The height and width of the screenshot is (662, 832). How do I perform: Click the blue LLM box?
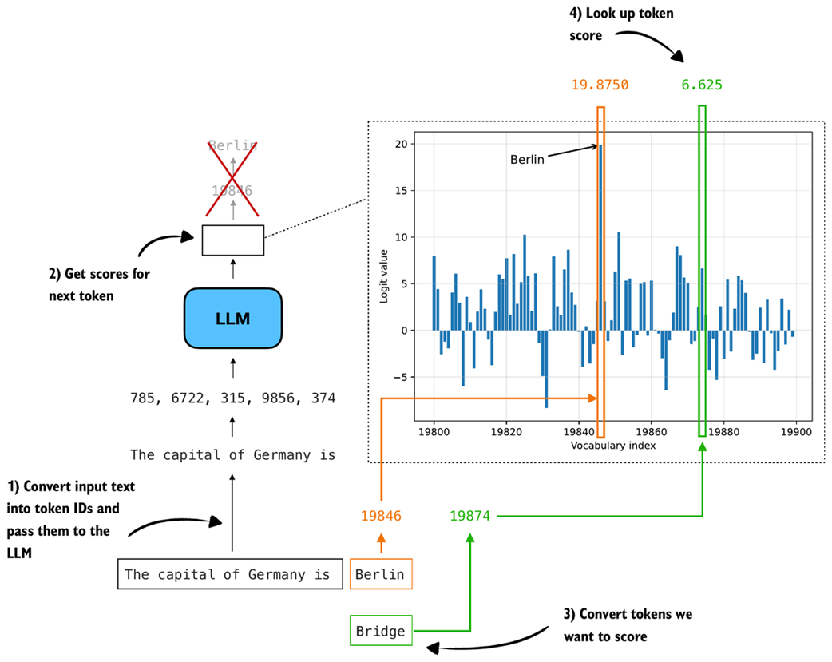click(x=232, y=318)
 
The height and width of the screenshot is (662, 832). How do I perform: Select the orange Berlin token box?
click(x=380, y=574)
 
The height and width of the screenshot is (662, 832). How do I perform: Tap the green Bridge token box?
click(x=380, y=631)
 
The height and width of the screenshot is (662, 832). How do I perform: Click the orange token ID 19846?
click(x=380, y=517)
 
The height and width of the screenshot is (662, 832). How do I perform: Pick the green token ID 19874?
click(x=469, y=517)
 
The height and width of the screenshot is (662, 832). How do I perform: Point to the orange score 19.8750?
click(x=600, y=85)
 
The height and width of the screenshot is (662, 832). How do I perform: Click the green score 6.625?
click(x=702, y=85)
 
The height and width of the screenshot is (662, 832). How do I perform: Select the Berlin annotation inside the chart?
click(x=527, y=160)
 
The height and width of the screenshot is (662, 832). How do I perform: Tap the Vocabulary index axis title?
click(x=613, y=446)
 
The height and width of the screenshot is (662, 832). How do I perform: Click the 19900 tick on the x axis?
click(x=797, y=431)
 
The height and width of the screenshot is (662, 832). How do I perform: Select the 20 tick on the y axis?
click(x=402, y=145)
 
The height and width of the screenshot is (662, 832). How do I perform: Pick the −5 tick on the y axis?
click(x=402, y=377)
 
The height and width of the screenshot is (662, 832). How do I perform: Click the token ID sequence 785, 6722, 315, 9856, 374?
click(x=232, y=398)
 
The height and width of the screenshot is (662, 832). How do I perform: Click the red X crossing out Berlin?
click(x=232, y=177)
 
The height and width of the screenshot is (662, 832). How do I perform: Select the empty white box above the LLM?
click(x=232, y=240)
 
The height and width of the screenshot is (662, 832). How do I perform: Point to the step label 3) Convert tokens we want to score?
click(x=628, y=625)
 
